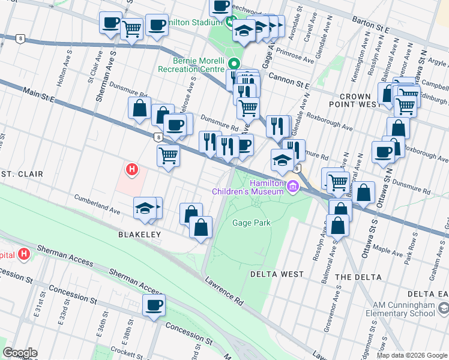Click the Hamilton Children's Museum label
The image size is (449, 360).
(247, 187)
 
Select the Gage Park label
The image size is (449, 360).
(251, 223)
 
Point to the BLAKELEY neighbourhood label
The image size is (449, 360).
(140, 235)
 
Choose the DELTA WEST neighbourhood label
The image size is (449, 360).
(277, 274)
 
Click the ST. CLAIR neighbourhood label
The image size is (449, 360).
(22, 174)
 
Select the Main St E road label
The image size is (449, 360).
(39, 94)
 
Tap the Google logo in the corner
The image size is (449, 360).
(20, 353)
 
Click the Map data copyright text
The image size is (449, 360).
(412, 355)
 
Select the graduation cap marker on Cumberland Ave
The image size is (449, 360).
(144, 208)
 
